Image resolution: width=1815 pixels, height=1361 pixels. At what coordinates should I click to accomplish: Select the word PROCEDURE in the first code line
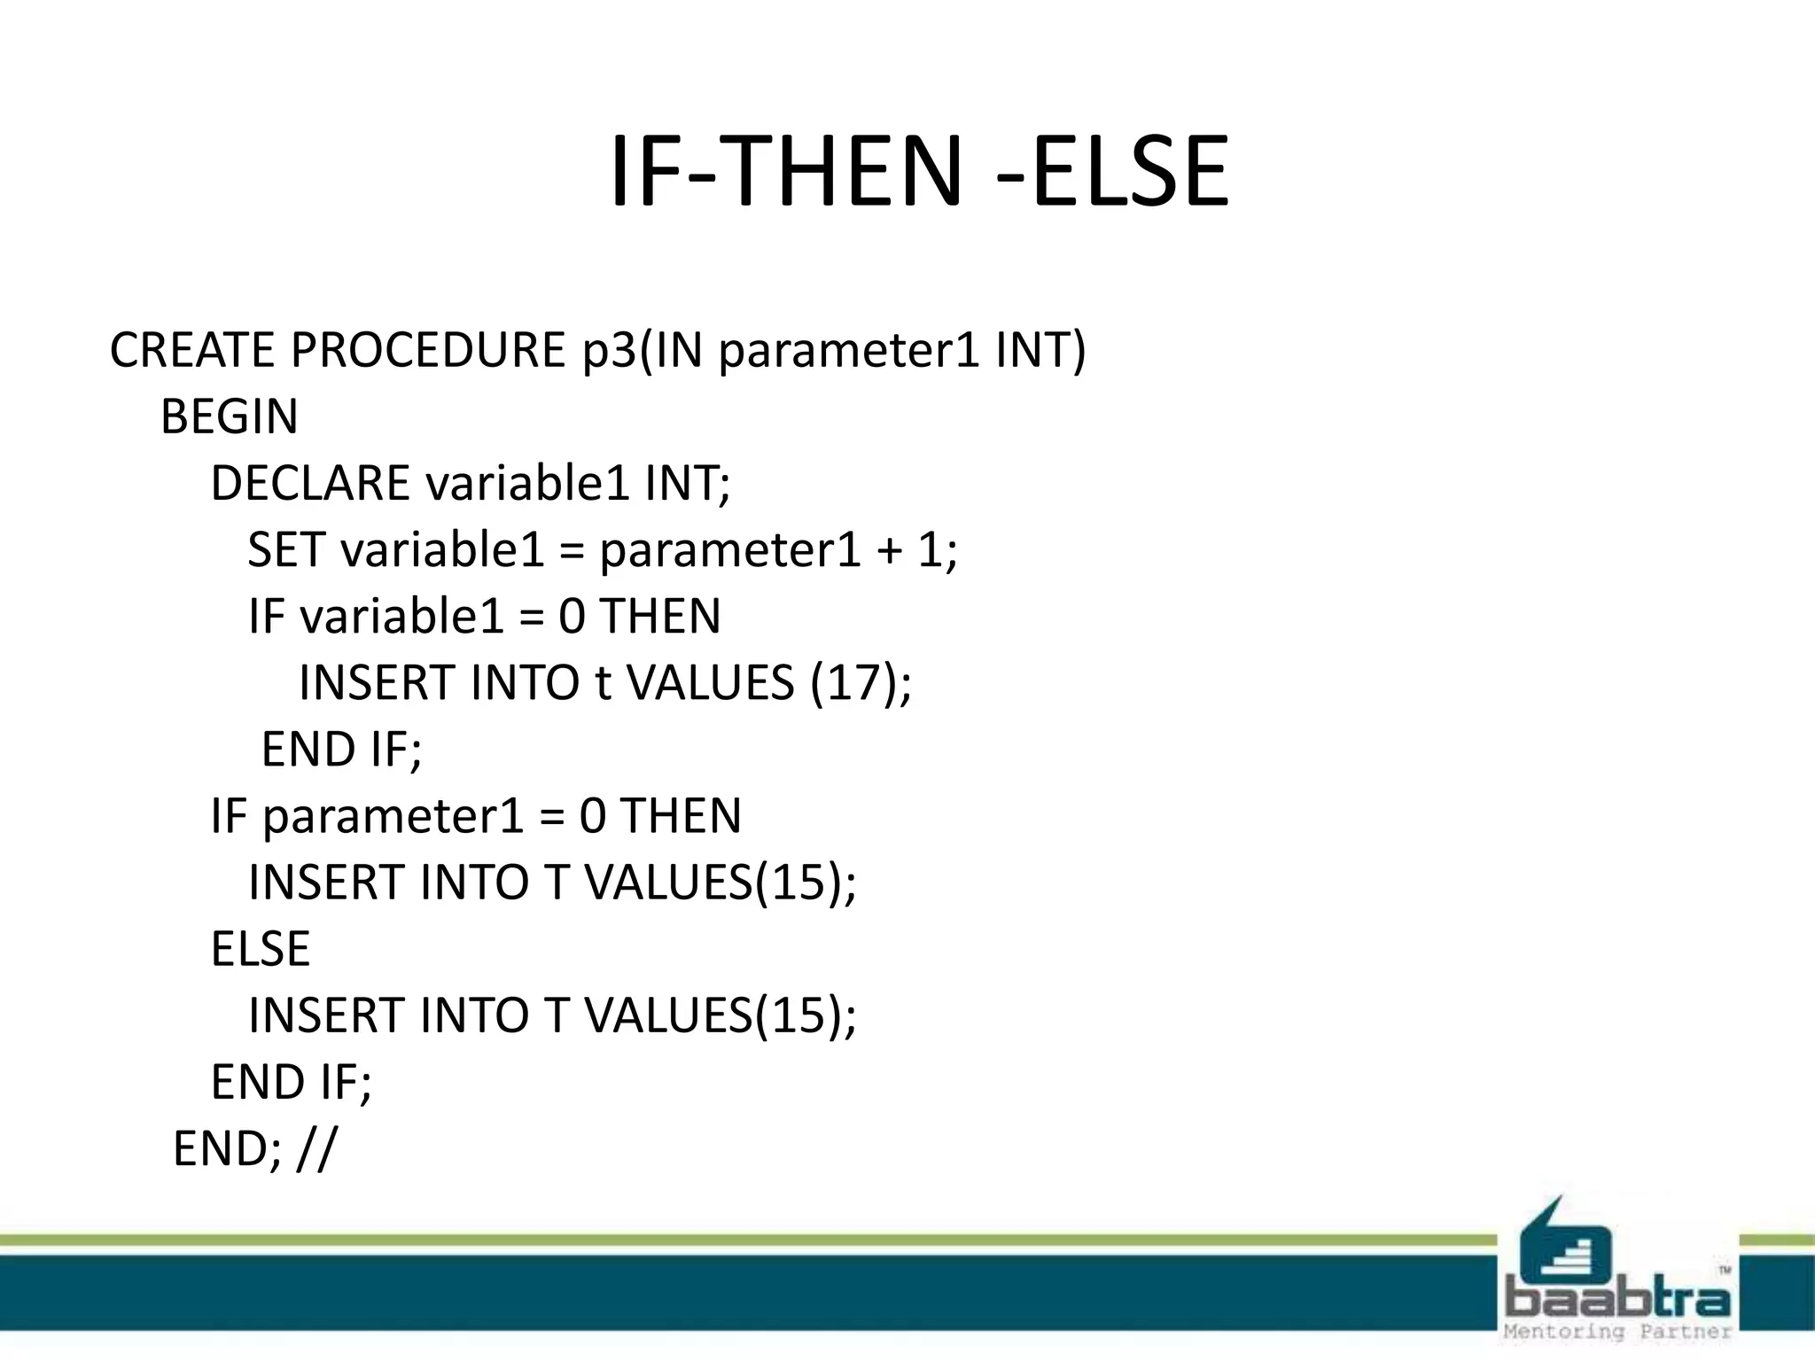427,350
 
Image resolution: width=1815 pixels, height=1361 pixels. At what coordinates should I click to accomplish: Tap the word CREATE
192,350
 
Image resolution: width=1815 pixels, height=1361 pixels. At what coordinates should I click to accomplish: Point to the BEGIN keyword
229,416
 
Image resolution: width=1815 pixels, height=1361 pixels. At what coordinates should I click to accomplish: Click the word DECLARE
310,484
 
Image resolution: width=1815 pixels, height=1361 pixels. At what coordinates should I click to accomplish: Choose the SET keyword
285,549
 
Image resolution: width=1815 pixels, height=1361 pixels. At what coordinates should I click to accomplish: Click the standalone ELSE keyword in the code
261,949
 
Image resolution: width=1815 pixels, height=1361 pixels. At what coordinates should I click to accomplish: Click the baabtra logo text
1618,1301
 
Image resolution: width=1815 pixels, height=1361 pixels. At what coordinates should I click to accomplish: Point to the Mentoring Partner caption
1617,1332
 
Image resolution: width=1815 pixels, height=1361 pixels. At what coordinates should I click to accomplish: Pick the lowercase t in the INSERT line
603,683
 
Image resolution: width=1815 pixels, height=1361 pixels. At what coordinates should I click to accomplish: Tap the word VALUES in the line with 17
710,683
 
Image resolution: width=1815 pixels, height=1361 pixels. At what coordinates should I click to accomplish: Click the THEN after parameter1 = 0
681,816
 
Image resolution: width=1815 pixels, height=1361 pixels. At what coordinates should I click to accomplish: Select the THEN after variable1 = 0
660,617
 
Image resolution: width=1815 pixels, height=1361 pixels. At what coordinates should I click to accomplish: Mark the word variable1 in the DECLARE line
527,484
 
